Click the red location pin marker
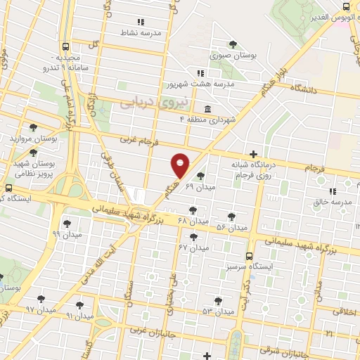tap(181, 165)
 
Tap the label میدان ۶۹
tap(198, 188)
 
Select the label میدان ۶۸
tap(194, 221)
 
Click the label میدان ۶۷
tap(194, 247)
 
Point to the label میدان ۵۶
tap(232, 227)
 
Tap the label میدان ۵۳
tap(217, 311)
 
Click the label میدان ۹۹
tap(67, 233)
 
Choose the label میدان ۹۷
tap(40, 309)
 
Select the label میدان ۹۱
tap(79, 316)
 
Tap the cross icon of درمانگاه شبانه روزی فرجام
tap(253, 153)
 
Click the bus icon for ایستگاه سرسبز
tap(249, 257)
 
